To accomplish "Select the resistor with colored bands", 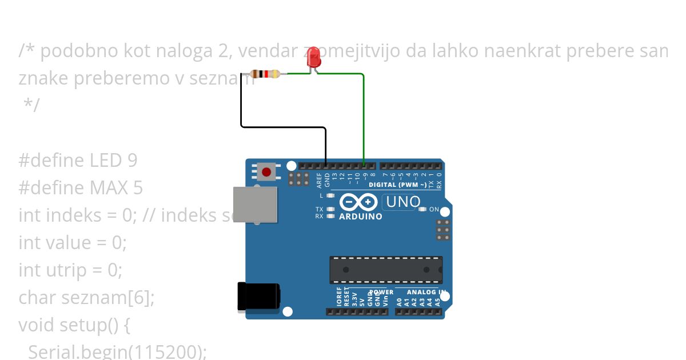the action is (x=265, y=74).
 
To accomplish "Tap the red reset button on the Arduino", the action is (x=266, y=171).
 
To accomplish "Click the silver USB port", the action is (x=255, y=204).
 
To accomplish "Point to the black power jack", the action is (x=258, y=297).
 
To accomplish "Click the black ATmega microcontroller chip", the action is (x=385, y=270).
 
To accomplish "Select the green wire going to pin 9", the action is (x=364, y=114).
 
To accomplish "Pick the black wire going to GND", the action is (x=283, y=126).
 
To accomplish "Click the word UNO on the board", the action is (x=404, y=202).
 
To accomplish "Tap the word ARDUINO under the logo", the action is (x=361, y=217).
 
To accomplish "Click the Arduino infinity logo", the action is (x=358, y=202).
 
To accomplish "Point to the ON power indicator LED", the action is (x=422, y=209).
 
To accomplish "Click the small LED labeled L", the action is (x=330, y=195).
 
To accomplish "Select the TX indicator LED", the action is (x=330, y=209).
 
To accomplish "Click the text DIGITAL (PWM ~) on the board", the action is (x=397, y=185).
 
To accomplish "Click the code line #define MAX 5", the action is (x=81, y=187).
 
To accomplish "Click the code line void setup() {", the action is (x=74, y=325).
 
